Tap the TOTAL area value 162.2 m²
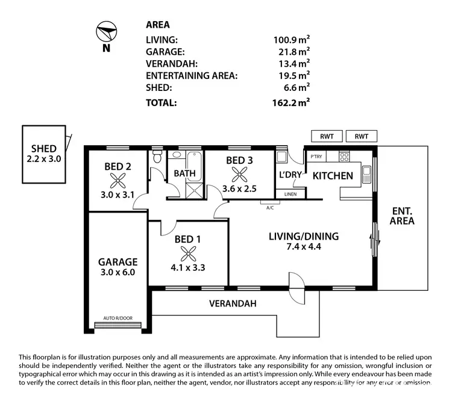pyautogui.click(x=291, y=102)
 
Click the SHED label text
pyautogui.click(x=44, y=149)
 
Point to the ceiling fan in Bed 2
pyautogui.click(x=118, y=178)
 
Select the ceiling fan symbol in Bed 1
pyautogui.click(x=187, y=252)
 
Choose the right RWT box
pyautogui.click(x=362, y=136)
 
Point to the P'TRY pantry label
pyautogui.click(x=316, y=157)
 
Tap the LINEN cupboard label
pyautogui.click(x=290, y=194)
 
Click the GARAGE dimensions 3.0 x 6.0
pyautogui.click(x=118, y=272)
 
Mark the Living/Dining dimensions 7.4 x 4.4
pyautogui.click(x=303, y=247)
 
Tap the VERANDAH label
pyautogui.click(x=233, y=304)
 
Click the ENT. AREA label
pyautogui.click(x=403, y=216)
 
